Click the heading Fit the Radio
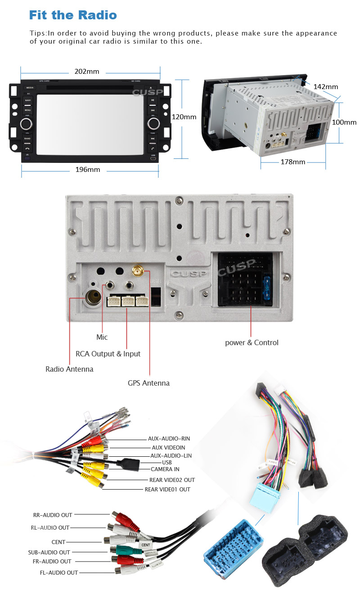click(x=73, y=15)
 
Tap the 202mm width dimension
click(x=87, y=72)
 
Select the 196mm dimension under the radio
click(x=88, y=170)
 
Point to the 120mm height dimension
click(x=184, y=117)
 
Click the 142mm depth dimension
click(x=325, y=86)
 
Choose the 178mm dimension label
click(x=293, y=162)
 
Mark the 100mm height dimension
click(x=344, y=122)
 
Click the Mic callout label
click(x=102, y=337)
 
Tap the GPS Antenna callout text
click(x=148, y=383)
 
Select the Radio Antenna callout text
click(x=69, y=369)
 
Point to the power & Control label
click(x=252, y=343)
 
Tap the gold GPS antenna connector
click(x=138, y=271)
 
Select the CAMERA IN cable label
click(x=165, y=469)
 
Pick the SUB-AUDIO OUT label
click(x=49, y=552)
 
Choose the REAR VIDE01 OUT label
click(x=167, y=489)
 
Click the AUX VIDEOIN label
click(x=168, y=448)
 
